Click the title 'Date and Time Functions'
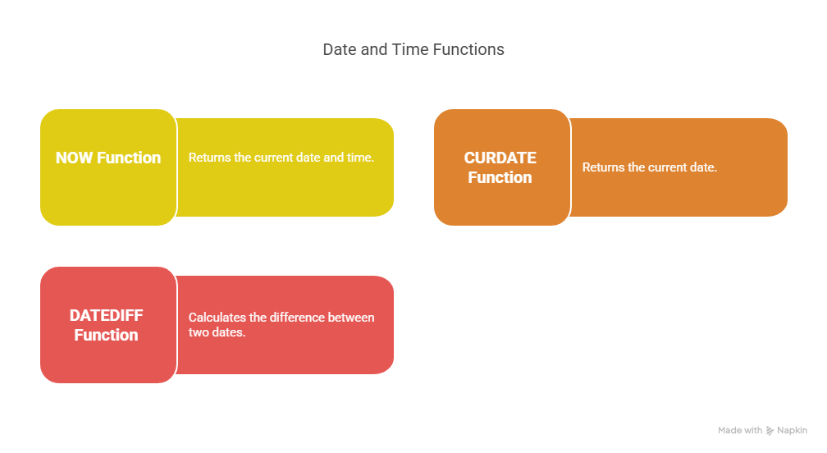point(413,49)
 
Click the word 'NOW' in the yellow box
point(75,158)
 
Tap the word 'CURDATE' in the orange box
point(500,158)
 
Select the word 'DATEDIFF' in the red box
point(106,315)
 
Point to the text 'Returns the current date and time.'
point(281,158)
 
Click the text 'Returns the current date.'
point(649,167)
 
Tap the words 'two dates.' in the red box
point(217,332)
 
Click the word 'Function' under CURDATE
point(500,178)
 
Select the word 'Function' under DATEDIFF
point(106,336)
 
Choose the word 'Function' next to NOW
point(129,158)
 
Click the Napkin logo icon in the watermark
point(770,431)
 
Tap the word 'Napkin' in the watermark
point(793,430)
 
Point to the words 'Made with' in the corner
point(740,430)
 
